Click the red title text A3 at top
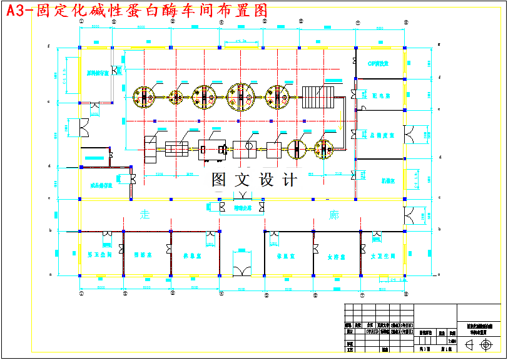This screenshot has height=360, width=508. pos(18,11)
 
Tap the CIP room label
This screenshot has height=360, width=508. pos(378,63)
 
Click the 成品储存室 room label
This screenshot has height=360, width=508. pos(101,185)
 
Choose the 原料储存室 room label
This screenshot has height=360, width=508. pos(97,73)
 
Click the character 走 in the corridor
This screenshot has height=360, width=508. pos(145,215)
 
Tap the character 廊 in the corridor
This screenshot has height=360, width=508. pos(333,215)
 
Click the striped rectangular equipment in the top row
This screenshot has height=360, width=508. pos(320,96)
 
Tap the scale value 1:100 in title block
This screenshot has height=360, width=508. pos(451,341)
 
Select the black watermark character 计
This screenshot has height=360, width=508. pos(290,180)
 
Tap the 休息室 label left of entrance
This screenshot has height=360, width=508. pos(191,255)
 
